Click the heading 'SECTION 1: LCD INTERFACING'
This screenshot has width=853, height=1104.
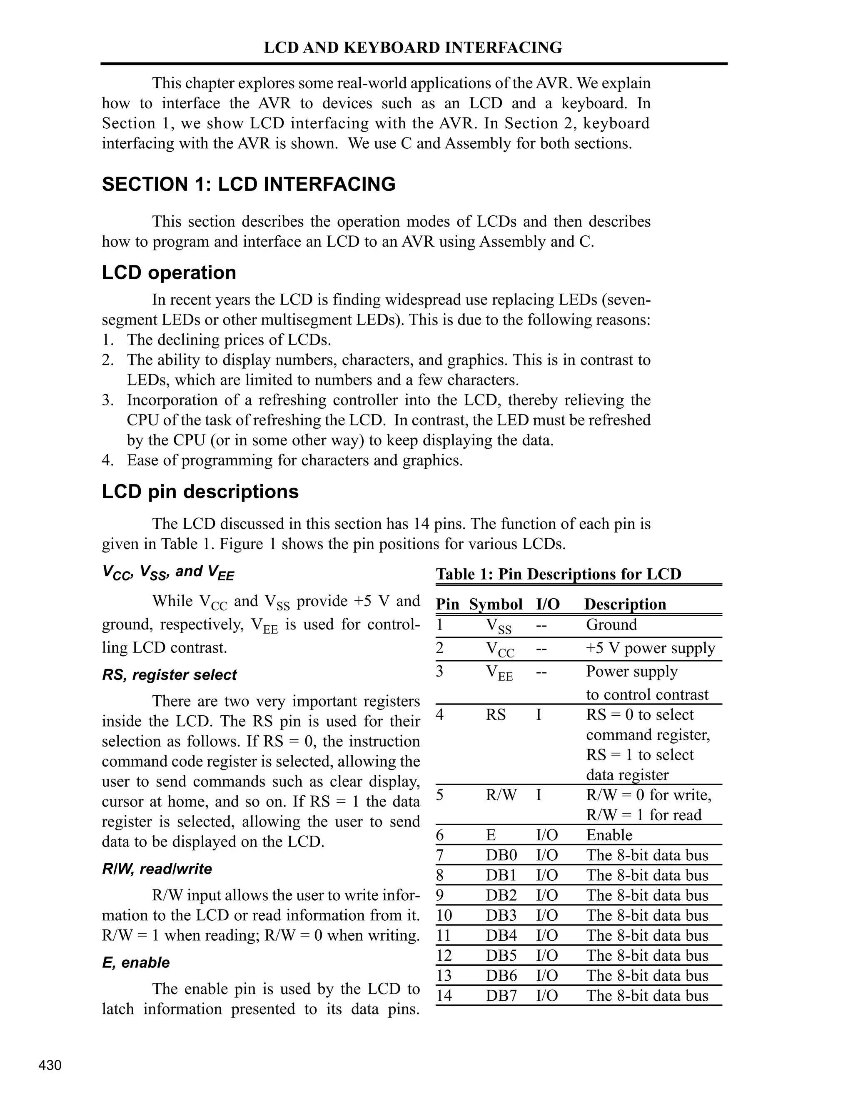[249, 185]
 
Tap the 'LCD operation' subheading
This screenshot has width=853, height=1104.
[169, 272]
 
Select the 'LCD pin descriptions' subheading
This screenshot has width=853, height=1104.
[200, 491]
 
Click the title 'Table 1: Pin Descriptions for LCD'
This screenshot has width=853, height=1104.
[559, 574]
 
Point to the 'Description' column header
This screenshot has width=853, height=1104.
[625, 604]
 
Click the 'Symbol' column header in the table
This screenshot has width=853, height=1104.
[495, 604]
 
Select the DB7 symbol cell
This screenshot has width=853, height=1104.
[501, 996]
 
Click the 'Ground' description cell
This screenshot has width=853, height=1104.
[611, 625]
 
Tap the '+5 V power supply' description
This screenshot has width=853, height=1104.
[650, 648]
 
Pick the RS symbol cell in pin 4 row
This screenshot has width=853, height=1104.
[496, 715]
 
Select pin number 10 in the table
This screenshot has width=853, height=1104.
[444, 915]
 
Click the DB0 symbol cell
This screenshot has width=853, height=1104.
[501, 855]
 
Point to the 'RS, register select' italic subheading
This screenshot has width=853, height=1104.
[169, 675]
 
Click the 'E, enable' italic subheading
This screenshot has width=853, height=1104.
[135, 962]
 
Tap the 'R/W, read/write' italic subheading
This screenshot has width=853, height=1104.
[157, 869]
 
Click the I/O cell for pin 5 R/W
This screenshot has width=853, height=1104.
[539, 795]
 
